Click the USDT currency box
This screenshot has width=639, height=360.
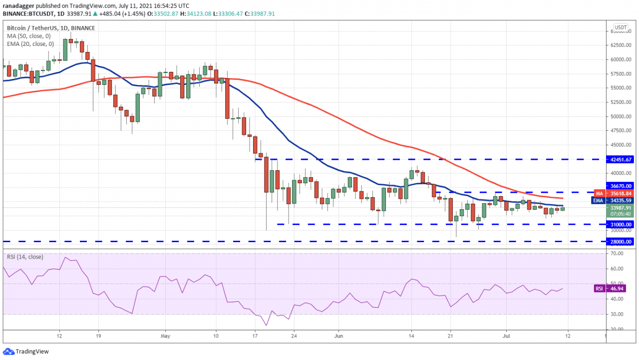[621, 27]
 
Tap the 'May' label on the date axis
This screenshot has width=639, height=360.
[166, 336]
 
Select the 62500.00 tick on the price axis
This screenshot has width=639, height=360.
[621, 45]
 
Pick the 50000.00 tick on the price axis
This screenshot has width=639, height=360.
[621, 116]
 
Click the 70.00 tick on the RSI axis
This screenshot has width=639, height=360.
[617, 254]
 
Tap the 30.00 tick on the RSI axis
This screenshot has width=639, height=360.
[617, 314]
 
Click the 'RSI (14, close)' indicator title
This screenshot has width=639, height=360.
[25, 257]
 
